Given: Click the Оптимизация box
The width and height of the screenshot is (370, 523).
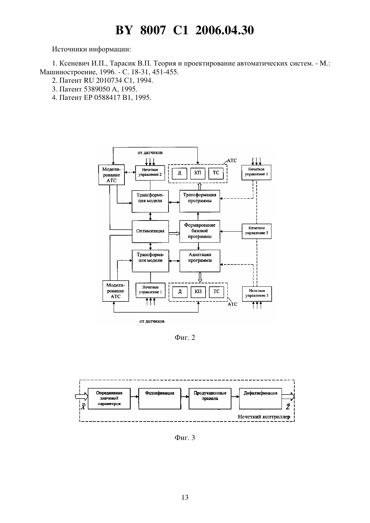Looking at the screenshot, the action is pos(150,231).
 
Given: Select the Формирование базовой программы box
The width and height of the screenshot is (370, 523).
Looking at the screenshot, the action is pos(200,231).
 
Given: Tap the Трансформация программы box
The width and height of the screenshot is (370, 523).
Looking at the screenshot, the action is pos(199,201).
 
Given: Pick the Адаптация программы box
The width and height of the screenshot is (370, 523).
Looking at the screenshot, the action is pos(200,261).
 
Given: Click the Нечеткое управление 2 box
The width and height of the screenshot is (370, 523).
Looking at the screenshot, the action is pos(150,173).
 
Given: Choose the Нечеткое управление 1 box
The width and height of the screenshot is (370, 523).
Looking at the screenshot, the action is pos(150,290).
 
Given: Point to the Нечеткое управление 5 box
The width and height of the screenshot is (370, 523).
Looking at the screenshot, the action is pos(256,231).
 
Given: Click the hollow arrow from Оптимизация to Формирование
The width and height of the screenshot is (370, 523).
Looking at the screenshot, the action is pos(174,233).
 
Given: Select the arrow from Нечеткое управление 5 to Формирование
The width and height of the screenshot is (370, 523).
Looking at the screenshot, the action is pos(231,231).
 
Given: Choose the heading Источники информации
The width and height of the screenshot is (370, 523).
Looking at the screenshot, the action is pos(91,49).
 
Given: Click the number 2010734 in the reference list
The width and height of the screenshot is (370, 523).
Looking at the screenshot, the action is pos(109,81).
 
